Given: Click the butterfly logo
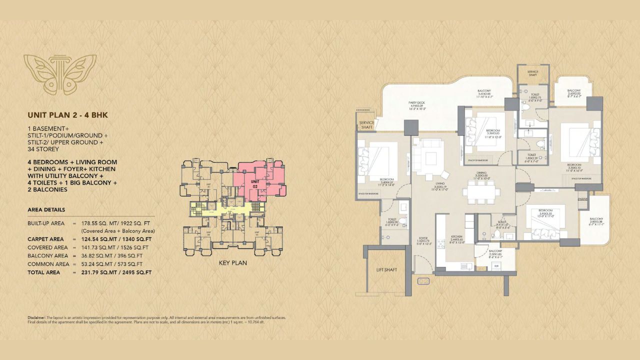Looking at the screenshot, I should pos(60,74).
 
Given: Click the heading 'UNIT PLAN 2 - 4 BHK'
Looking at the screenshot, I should pos(68,115).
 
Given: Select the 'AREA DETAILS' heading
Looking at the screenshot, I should pos(46,209).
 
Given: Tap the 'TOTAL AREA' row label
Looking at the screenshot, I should pos(44,272).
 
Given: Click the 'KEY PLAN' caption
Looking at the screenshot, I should pos(232,262).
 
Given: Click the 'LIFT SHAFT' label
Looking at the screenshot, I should pos(386,269).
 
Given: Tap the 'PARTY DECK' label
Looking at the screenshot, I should pos(416,102).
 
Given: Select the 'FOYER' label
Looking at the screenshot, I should pos(423,238).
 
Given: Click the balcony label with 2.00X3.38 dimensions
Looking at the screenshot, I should pos(596,219).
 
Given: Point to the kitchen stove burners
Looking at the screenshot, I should pos(441,244).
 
